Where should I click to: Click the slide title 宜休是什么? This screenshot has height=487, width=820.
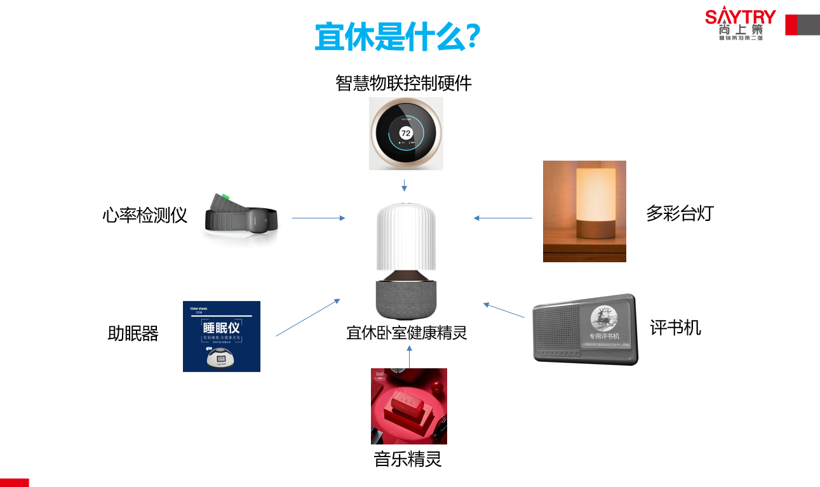tap(397, 37)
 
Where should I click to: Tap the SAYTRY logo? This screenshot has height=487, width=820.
tap(741, 23)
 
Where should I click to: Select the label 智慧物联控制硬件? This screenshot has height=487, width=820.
tap(403, 83)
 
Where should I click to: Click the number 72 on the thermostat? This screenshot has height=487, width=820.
tap(406, 133)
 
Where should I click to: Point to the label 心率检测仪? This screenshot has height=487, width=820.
tap(145, 215)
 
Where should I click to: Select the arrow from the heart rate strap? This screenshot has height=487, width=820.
tap(318, 218)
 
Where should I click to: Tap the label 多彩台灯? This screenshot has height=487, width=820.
tap(680, 213)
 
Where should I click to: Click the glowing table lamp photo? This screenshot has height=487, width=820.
tap(584, 211)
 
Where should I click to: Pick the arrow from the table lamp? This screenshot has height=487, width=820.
tap(503, 218)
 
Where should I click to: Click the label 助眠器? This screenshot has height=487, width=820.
tap(133, 333)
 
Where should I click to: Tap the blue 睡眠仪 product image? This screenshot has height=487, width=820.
tap(222, 336)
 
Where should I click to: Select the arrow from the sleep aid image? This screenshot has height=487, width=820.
tap(308, 317)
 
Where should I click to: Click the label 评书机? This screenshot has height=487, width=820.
tap(676, 328)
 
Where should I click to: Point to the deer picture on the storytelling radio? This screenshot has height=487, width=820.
tap(603, 318)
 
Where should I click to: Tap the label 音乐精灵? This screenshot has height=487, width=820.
tap(408, 459)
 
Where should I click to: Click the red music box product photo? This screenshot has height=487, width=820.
tap(409, 406)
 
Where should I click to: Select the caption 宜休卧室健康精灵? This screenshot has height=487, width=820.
tap(407, 333)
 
